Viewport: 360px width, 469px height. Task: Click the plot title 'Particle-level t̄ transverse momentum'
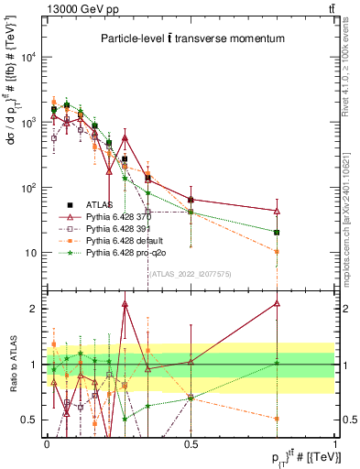pyautogui.click(x=192, y=38)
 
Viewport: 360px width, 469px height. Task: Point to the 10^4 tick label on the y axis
pyautogui.click(x=28, y=56)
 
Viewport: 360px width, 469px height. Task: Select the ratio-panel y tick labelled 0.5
pyautogui.click(x=29, y=420)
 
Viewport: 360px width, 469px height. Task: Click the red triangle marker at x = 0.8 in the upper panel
pyautogui.click(x=276, y=211)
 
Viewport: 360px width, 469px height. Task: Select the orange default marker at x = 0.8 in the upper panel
pyautogui.click(x=276, y=251)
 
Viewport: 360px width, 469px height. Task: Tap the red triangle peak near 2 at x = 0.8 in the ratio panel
pyautogui.click(x=276, y=303)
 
